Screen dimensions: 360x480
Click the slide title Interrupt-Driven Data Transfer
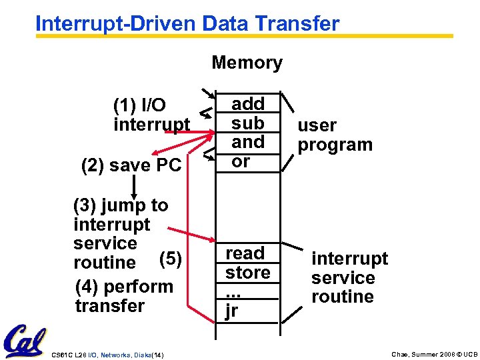(x=187, y=23)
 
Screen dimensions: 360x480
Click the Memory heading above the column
(x=247, y=63)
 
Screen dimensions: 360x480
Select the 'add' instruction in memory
(x=247, y=103)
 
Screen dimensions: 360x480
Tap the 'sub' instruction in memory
(x=247, y=123)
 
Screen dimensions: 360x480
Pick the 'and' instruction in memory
(x=247, y=142)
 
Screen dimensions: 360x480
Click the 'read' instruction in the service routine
(x=245, y=253)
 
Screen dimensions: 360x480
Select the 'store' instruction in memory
(x=247, y=273)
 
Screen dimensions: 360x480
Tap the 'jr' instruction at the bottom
(x=232, y=311)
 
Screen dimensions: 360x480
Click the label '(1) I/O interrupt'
(x=151, y=115)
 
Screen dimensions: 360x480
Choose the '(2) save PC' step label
(x=131, y=165)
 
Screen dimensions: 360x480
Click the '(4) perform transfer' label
(x=124, y=296)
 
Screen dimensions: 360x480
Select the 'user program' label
(x=335, y=135)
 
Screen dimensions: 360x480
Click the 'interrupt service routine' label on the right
(x=349, y=277)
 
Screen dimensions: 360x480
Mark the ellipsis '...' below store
(x=233, y=293)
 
